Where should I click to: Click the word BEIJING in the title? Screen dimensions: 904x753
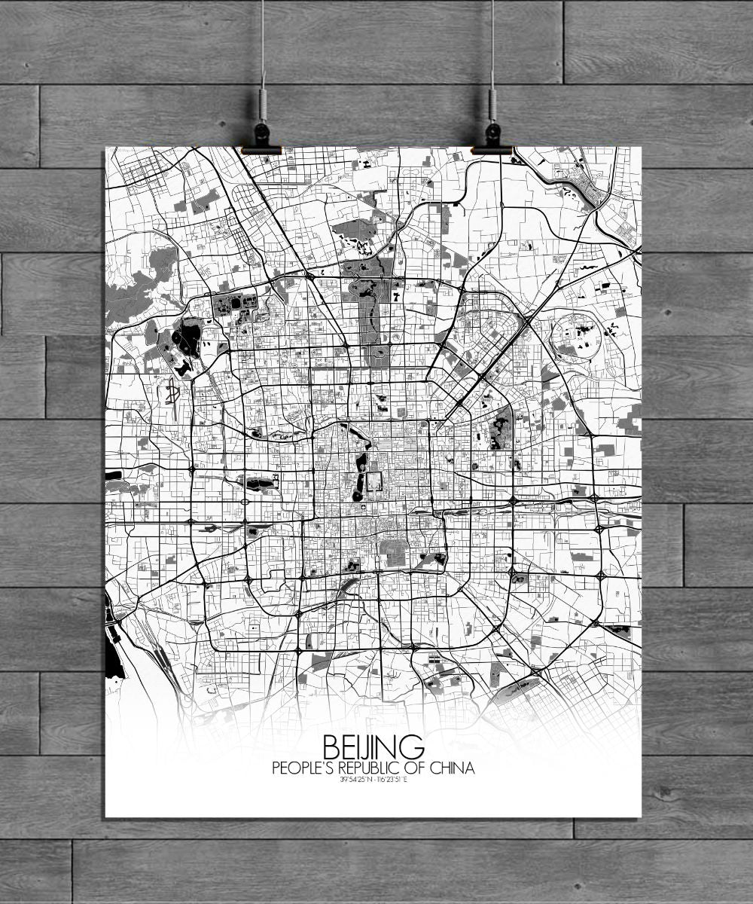373,748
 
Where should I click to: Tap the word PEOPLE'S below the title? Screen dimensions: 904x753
304,769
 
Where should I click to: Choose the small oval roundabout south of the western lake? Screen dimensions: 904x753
246,501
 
